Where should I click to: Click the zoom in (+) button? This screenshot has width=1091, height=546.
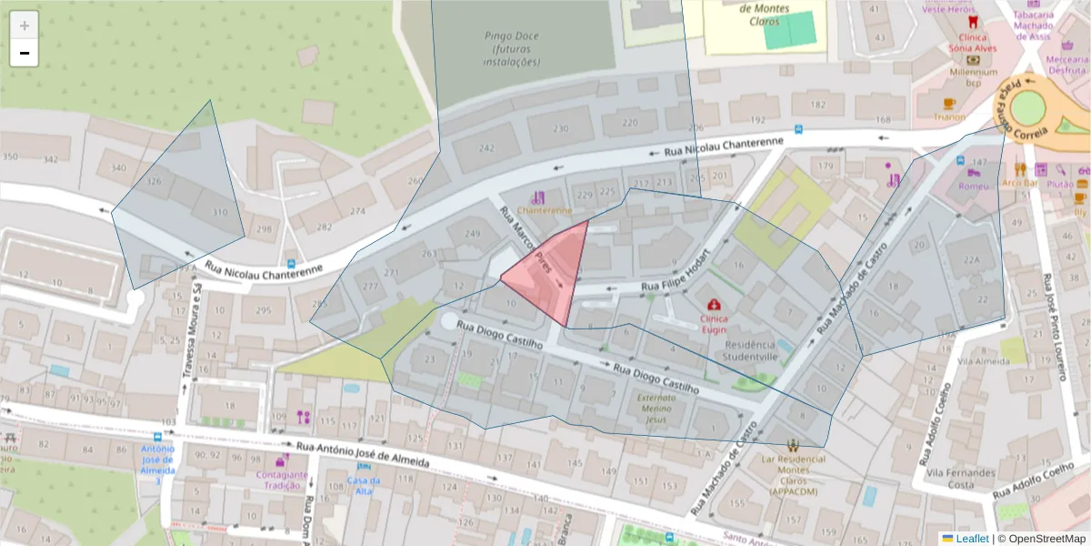24,25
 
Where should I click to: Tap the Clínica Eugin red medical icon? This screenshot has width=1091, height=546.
714,303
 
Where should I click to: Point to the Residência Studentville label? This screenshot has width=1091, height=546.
751,351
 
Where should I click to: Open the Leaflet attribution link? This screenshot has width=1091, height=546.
971,538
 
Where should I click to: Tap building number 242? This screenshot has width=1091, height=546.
487,148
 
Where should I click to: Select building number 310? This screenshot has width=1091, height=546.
220,213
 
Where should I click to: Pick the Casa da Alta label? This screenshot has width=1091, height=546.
362,485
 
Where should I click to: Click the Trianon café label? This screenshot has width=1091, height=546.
949,116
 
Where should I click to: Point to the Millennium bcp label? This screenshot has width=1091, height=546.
973,76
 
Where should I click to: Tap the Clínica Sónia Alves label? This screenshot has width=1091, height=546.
973,42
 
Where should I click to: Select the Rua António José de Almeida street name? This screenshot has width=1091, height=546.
363,453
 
